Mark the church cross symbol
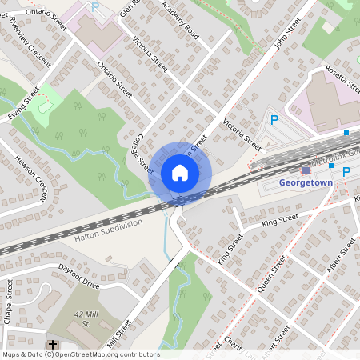[54, 345]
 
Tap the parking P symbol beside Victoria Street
[274, 121]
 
